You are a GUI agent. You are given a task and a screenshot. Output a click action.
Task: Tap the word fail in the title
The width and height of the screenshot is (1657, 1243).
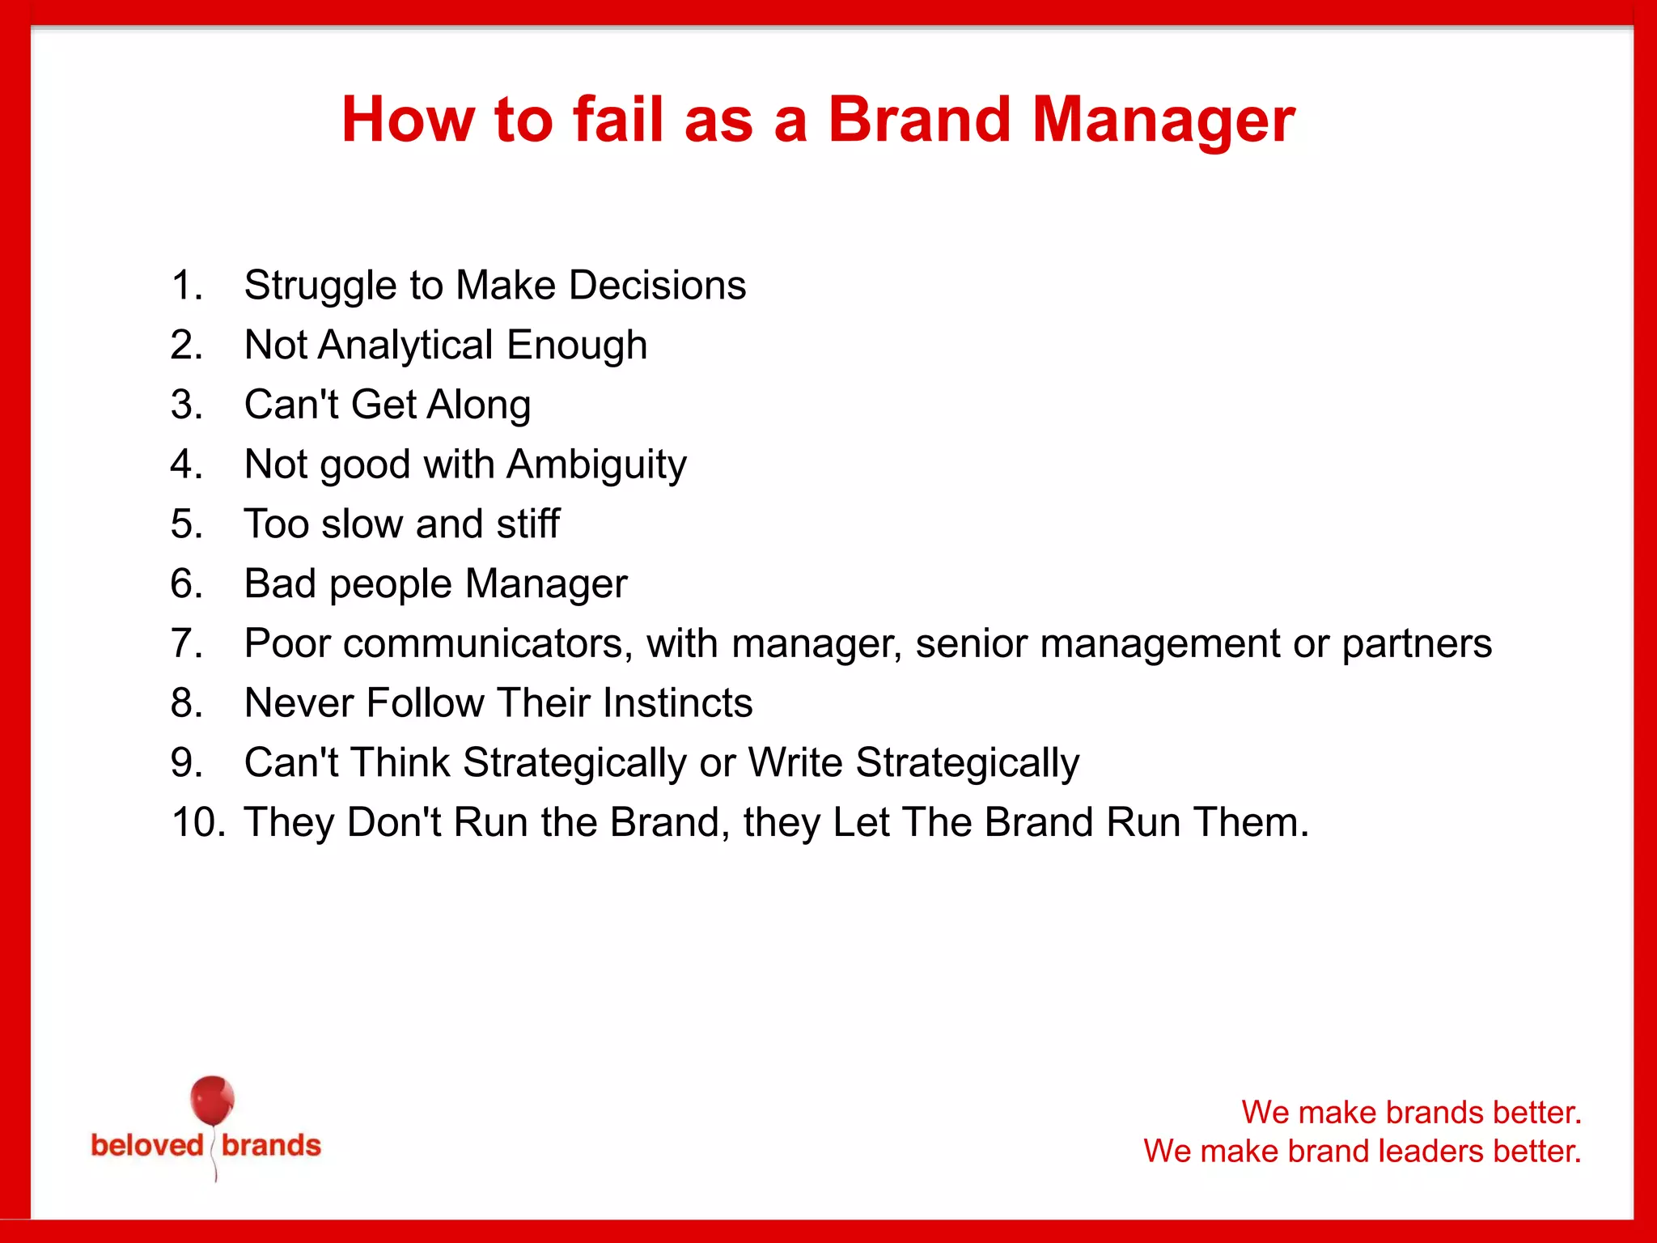coord(618,120)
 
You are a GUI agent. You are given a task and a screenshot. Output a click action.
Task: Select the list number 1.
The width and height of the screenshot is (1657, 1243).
coord(186,286)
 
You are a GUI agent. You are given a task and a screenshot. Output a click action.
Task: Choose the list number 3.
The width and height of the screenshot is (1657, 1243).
coord(186,405)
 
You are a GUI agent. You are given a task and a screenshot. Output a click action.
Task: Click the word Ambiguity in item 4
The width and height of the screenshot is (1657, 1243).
coord(596,465)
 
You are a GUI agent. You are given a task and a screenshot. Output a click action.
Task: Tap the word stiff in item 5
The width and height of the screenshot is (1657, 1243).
coord(528,524)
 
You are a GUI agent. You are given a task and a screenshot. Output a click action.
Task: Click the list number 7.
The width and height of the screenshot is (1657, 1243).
coord(186,643)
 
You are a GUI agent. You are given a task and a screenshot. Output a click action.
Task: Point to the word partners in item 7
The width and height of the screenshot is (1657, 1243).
coord(1417,643)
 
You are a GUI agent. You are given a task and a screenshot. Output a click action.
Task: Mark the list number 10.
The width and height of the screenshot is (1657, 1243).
coord(197,822)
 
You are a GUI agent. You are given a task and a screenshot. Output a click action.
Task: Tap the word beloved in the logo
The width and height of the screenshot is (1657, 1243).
coord(146,1146)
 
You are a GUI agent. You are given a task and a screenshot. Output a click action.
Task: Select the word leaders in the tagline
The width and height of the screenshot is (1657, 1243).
coord(1428,1151)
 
